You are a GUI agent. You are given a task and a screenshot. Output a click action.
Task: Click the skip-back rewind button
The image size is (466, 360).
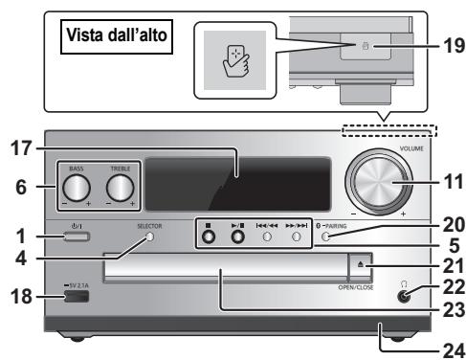[x=269, y=236]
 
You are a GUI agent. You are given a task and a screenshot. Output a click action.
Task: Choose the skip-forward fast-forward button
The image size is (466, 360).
[x=298, y=236]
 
